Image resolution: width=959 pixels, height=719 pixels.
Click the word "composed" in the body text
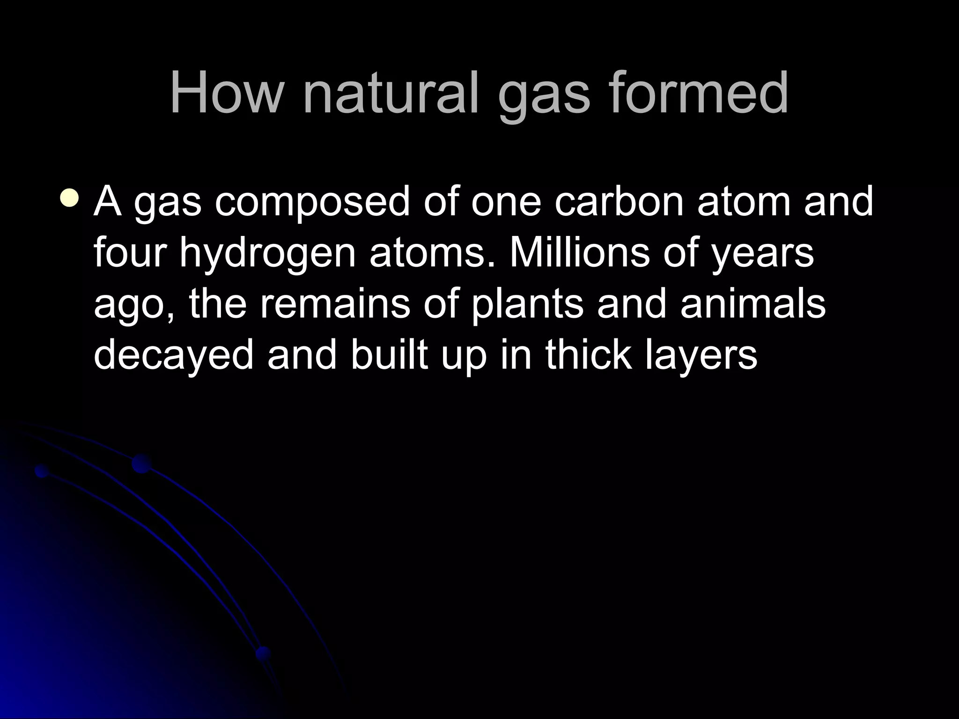pos(312,202)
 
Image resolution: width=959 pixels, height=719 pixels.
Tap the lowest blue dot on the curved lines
pos(264,653)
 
